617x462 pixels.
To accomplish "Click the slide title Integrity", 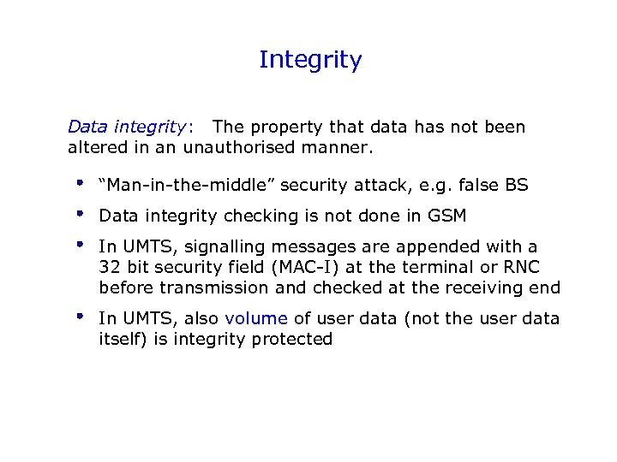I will [x=310, y=60].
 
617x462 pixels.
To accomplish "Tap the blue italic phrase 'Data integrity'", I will [x=126, y=127].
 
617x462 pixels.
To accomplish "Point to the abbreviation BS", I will [x=517, y=185].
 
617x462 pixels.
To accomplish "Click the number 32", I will [x=110, y=267].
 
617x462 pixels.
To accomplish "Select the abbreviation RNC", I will [x=521, y=267].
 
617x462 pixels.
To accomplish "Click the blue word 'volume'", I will [x=256, y=318].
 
